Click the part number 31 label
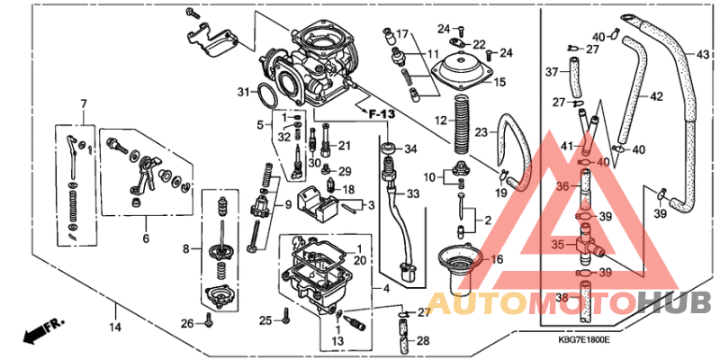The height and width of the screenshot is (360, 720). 242,92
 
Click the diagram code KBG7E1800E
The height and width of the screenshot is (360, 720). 585,341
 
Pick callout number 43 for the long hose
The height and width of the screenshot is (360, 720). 703,54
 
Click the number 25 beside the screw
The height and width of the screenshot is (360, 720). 265,320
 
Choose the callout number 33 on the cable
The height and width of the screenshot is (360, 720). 413,193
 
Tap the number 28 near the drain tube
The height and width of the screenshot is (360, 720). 423,341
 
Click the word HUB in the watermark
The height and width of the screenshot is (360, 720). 673,302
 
